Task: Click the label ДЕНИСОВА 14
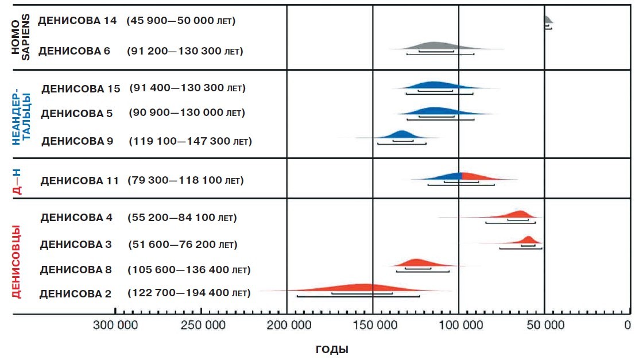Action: [x=77, y=21]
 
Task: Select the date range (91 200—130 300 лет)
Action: [x=185, y=51]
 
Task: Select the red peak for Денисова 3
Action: [x=528, y=240]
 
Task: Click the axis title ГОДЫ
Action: [x=332, y=349]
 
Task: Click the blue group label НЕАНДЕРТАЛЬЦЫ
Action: [x=21, y=113]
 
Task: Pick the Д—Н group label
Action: [x=17, y=178]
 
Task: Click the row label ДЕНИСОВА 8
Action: [x=76, y=270]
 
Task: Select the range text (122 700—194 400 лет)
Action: [x=189, y=293]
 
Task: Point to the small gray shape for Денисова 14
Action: [x=548, y=21]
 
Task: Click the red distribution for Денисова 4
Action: [x=518, y=215]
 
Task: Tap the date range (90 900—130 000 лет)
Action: [x=187, y=113]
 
